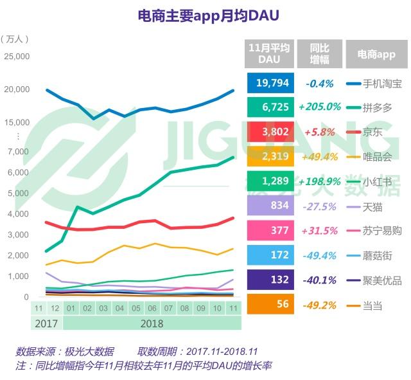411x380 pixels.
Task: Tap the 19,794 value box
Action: click(x=270, y=83)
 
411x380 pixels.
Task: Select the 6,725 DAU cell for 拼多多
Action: click(x=270, y=107)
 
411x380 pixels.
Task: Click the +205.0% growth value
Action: click(x=319, y=107)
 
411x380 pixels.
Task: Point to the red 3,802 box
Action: click(x=270, y=131)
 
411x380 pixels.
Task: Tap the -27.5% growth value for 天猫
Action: click(x=319, y=206)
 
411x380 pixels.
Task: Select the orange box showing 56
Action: click(x=270, y=304)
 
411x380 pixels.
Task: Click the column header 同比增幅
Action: click(x=319, y=54)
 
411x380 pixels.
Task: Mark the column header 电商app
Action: click(x=376, y=54)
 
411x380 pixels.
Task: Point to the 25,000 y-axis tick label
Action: click(x=17, y=57)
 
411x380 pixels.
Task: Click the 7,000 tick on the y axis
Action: click(x=19, y=152)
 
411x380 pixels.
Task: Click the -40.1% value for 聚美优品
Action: click(x=319, y=280)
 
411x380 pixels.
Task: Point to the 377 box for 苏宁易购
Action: click(x=270, y=230)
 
